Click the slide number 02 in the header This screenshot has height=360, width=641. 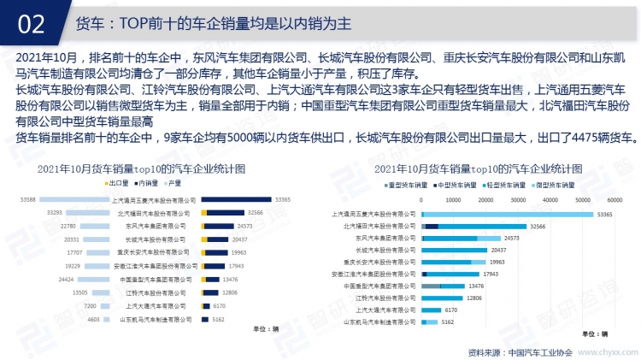pyautogui.click(x=31, y=22)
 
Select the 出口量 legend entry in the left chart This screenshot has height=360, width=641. pyautogui.click(x=116, y=183)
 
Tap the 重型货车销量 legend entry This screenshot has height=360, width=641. pyautogui.click(x=406, y=184)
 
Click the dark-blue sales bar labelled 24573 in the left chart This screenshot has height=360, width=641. pyautogui.click(x=226, y=226)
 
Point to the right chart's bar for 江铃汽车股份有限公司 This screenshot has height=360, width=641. pyautogui.click(x=442, y=298)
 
